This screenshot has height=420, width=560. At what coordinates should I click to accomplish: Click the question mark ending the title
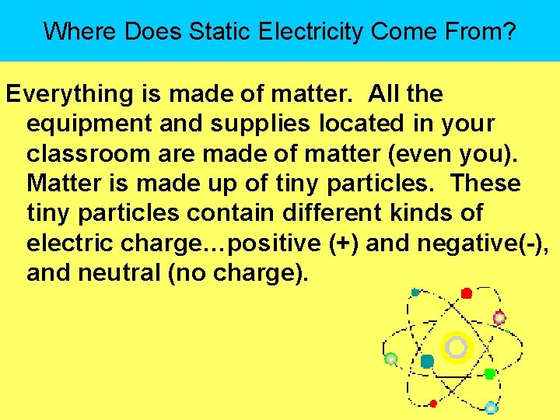(509, 31)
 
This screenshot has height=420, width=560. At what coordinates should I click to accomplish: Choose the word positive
(269, 243)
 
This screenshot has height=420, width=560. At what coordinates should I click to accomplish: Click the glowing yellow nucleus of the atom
(457, 347)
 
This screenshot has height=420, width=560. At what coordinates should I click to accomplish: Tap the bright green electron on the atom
(489, 374)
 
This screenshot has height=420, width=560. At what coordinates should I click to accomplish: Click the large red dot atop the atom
(467, 293)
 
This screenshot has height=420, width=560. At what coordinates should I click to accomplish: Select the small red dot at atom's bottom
(433, 403)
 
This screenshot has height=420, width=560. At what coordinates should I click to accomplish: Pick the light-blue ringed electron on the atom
(491, 408)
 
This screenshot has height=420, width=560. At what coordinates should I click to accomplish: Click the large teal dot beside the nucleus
(427, 361)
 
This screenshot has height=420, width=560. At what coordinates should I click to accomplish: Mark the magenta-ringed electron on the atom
(499, 317)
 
